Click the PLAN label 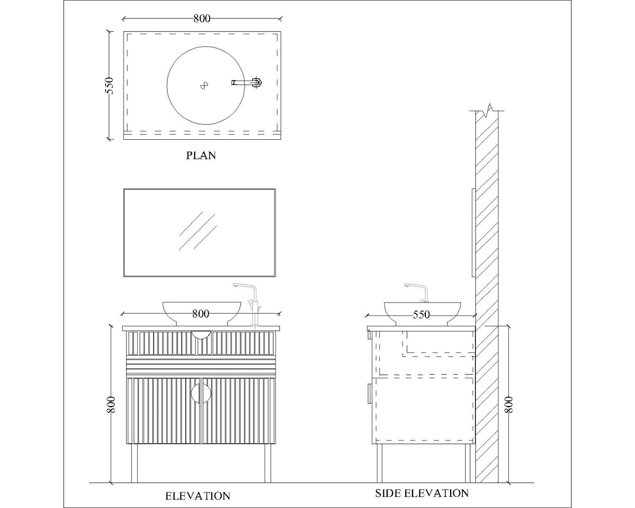[x=201, y=156]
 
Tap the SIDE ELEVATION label [x=421, y=493]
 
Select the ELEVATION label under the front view [x=197, y=496]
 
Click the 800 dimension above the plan [x=202, y=18]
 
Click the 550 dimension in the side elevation [x=421, y=315]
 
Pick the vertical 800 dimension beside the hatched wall [x=508, y=404]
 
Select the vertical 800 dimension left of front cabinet [x=111, y=404]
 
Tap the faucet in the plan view [x=248, y=82]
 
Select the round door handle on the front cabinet [x=201, y=393]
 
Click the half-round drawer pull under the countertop [x=201, y=335]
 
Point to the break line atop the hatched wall [x=487, y=111]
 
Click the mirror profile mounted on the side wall [x=473, y=233]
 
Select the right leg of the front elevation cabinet [x=268, y=464]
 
